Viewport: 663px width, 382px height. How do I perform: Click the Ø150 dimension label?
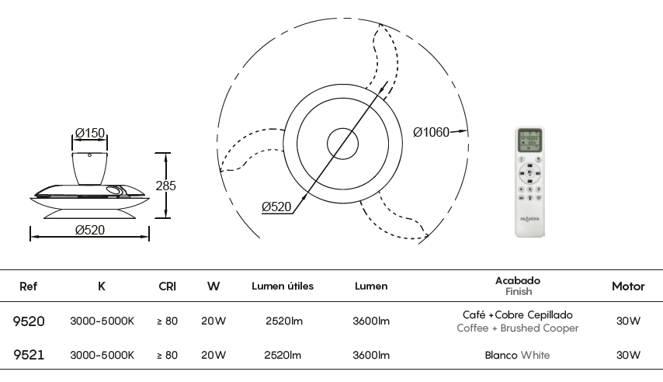[89, 134]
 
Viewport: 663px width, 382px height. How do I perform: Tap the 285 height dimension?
[166, 186]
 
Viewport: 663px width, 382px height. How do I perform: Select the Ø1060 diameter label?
[431, 133]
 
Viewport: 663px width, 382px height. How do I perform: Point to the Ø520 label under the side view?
[89, 230]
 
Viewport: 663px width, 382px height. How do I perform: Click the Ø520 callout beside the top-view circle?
[276, 207]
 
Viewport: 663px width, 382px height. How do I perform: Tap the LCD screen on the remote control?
[529, 141]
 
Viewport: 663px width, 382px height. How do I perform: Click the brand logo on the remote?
[529, 219]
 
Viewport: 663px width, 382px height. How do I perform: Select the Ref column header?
[28, 286]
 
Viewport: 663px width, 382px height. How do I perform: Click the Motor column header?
[628, 286]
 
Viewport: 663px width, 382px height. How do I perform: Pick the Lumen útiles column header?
[283, 286]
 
